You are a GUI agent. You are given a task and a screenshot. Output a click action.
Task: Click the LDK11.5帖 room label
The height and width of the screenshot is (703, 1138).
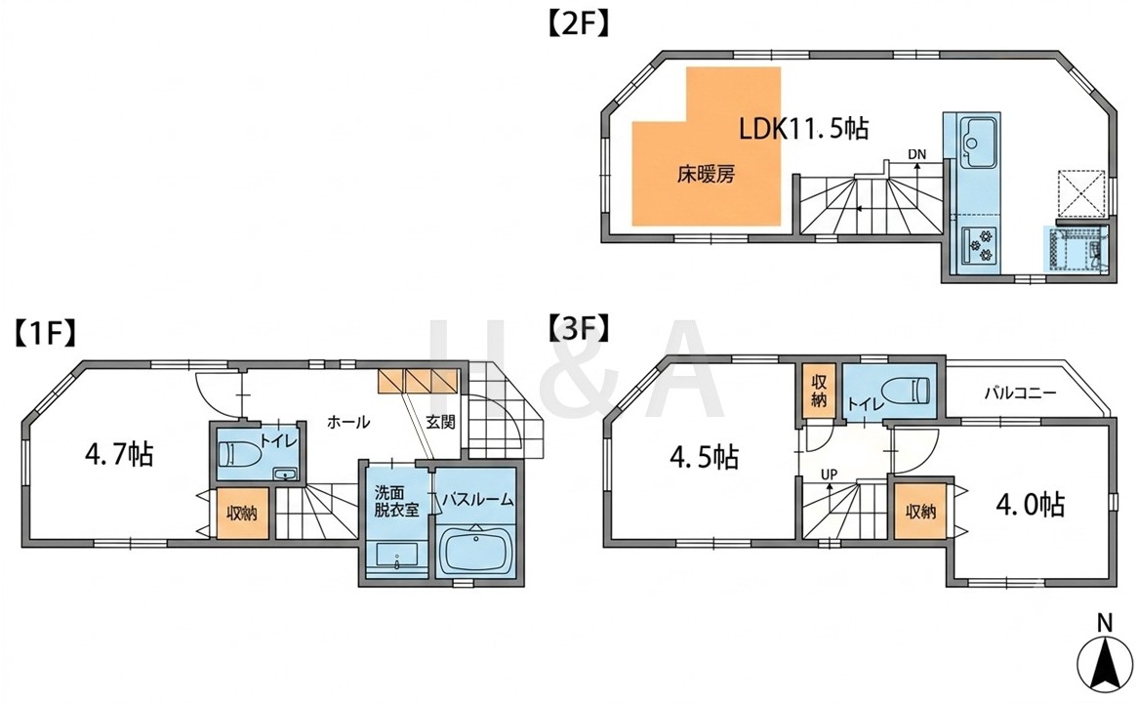pyautogui.click(x=803, y=129)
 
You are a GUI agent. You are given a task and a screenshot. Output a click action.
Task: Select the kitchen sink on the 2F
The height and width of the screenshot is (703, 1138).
pyautogui.click(x=971, y=141)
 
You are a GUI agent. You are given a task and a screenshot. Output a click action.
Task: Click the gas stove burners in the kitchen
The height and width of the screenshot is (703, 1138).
pyautogui.click(x=979, y=245)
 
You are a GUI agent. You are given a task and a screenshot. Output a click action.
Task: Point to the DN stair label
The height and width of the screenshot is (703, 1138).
pyautogui.click(x=916, y=154)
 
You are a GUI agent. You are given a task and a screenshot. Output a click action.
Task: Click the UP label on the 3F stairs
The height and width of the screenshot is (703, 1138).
pyautogui.click(x=829, y=475)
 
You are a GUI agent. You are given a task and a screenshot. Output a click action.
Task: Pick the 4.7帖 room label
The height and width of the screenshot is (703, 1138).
pyautogui.click(x=119, y=455)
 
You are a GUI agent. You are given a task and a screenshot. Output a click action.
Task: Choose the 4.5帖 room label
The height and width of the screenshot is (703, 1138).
pyautogui.click(x=704, y=458)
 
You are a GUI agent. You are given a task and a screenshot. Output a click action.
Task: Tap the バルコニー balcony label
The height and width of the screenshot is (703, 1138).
pyautogui.click(x=1021, y=393)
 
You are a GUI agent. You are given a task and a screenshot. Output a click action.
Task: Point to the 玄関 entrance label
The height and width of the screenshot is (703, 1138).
pyautogui.click(x=440, y=421)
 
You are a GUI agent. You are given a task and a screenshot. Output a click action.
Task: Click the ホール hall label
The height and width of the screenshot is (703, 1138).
pyautogui.click(x=348, y=421)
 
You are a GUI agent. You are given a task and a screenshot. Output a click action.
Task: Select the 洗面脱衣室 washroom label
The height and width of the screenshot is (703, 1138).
pyautogui.click(x=397, y=500)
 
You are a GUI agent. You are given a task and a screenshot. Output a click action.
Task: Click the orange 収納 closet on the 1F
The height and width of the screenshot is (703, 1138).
pyautogui.click(x=242, y=514)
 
